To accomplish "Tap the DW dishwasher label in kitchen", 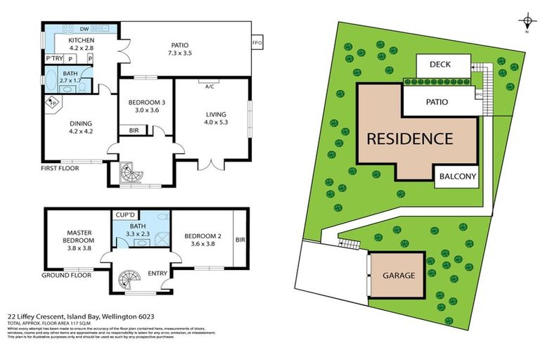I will point(84,29).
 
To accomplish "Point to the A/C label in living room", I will point(210,86).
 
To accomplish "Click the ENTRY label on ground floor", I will point(157,274).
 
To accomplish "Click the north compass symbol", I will point(526,19).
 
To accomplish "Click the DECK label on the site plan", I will point(443,65).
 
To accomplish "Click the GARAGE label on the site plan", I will point(398,276).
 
